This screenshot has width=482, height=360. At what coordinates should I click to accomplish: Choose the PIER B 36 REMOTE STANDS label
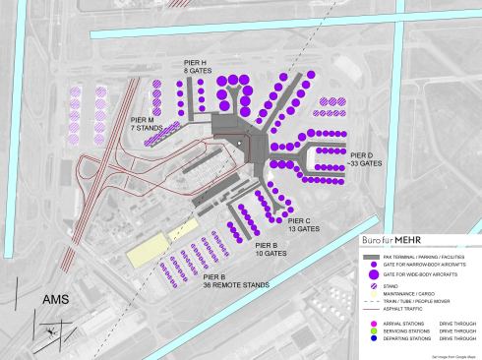(x=235, y=282)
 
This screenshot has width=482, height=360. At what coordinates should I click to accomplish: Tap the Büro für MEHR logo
(x=393, y=240)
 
